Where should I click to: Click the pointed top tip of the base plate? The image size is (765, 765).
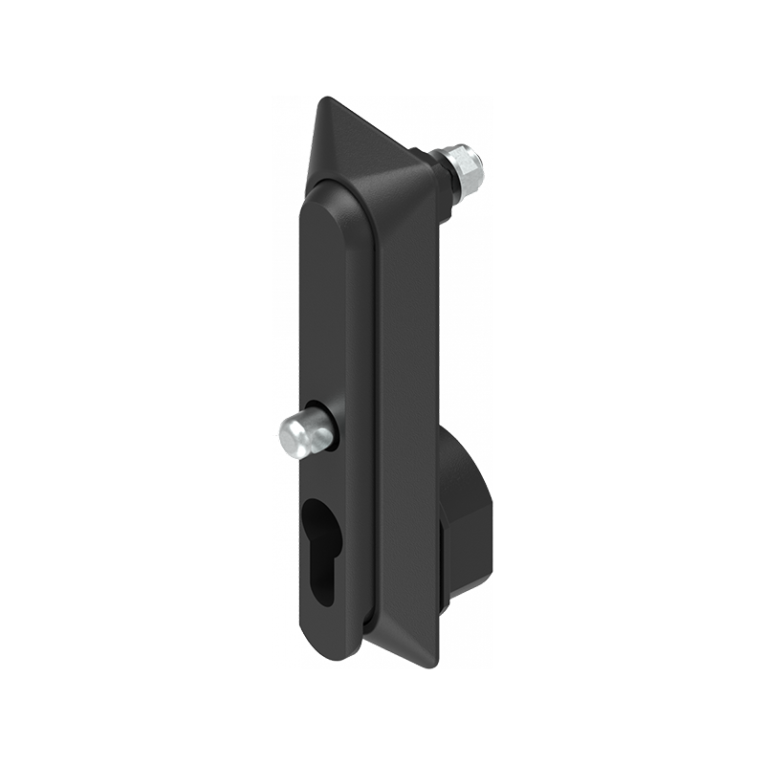(325, 99)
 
